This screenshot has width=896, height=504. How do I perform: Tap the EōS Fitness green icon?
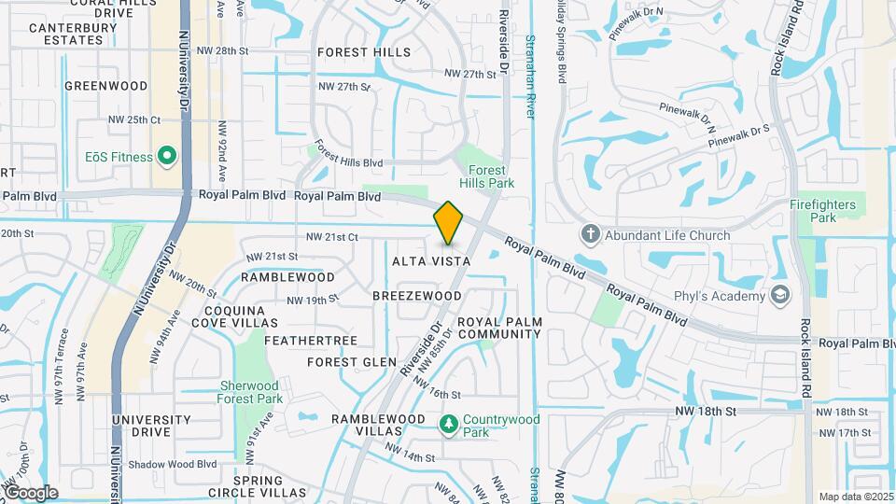tap(167, 156)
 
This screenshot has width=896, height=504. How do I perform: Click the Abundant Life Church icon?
tap(589, 234)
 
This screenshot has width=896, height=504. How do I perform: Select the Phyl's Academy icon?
tap(781, 296)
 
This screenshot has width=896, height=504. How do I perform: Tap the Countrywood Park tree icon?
tap(449, 425)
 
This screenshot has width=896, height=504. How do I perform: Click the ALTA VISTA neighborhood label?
tap(430, 262)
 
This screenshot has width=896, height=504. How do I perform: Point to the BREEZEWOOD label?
tap(416, 296)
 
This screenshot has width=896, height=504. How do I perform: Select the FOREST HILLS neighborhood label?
tap(363, 52)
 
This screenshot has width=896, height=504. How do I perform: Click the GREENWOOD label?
tap(106, 86)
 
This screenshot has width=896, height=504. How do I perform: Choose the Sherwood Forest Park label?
tap(250, 392)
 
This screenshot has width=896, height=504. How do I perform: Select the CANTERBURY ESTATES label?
tap(52, 35)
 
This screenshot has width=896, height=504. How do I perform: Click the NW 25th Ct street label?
tap(134, 119)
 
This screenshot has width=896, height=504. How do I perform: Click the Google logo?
tap(30, 493)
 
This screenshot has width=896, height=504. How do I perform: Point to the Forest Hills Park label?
tap(487, 177)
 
